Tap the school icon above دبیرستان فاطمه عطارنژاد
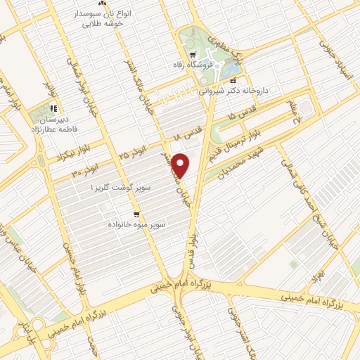[53, 109]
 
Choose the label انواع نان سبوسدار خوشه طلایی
[102, 19]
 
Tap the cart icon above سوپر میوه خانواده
[136, 213]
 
